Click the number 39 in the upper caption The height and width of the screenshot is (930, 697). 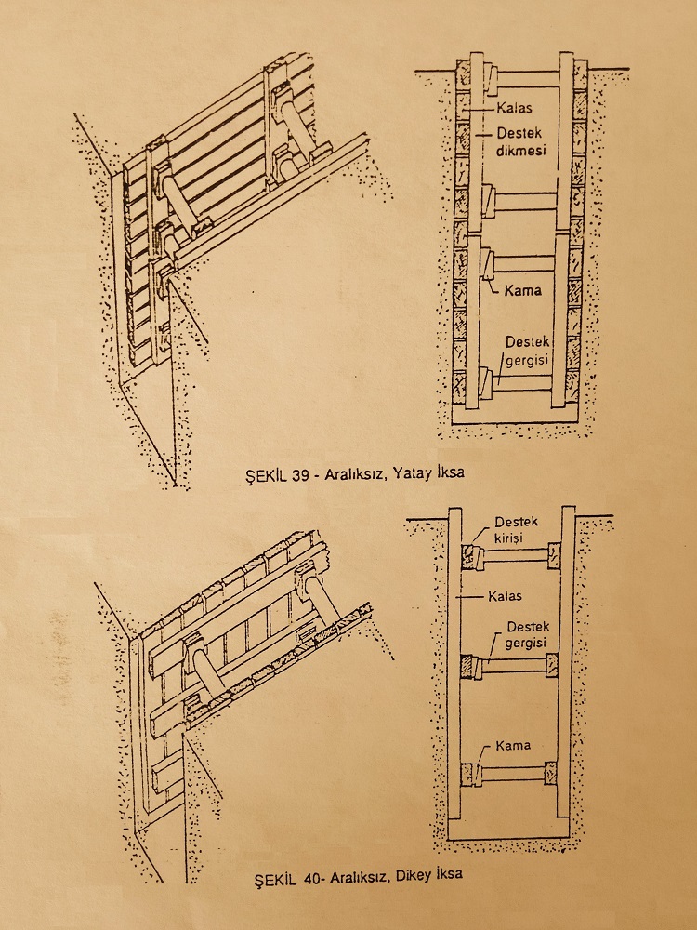(300, 474)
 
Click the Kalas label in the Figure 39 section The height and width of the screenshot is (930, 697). (514, 108)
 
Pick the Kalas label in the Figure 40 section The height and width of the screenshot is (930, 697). (505, 596)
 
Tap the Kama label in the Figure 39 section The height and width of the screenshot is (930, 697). (522, 290)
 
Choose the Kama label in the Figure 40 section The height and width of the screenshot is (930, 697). (513, 745)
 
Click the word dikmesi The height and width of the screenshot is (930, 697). (520, 150)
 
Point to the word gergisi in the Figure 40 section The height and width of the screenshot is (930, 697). (525, 643)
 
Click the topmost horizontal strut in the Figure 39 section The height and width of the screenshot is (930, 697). (528, 79)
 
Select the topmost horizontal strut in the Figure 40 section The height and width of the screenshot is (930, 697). (515, 556)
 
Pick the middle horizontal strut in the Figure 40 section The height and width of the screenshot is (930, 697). (514, 666)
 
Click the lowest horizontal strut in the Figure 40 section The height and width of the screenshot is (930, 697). (512, 774)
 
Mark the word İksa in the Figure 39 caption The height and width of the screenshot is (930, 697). (449, 472)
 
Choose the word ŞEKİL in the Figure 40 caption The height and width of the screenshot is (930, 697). (277, 878)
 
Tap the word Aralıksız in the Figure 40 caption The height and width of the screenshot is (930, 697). (358, 876)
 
